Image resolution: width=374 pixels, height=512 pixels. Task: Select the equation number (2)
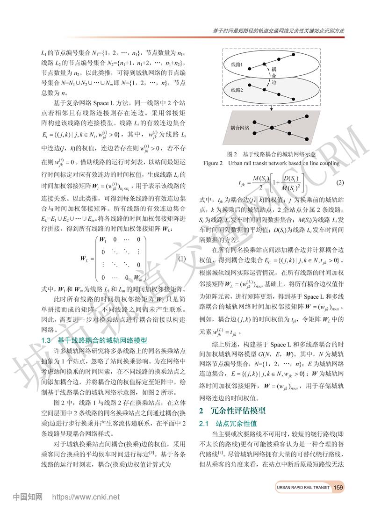340,182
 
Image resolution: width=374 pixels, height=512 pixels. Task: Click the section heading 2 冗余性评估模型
232,411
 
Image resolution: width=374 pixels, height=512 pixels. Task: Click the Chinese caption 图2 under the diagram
271,154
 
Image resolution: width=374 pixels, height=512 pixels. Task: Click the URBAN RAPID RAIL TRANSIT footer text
302,488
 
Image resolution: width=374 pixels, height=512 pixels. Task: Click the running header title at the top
276,30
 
